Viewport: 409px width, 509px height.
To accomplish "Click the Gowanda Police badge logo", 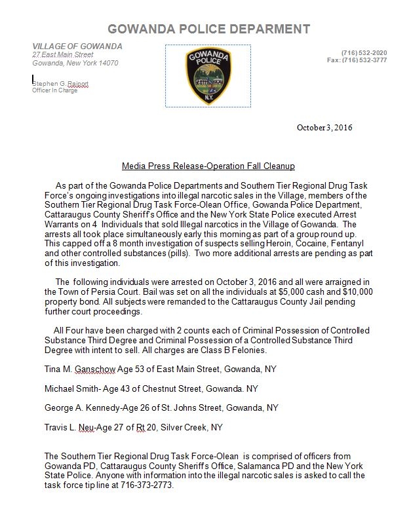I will tap(207, 75).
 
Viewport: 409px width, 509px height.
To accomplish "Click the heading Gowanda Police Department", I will tap(208, 29).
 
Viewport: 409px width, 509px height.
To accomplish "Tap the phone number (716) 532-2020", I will tap(364, 52).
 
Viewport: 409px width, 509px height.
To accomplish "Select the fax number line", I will tap(357, 60).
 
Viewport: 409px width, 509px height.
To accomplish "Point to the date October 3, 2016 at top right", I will tap(324, 127).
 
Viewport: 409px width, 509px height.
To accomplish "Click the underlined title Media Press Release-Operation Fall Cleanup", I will tap(208, 166).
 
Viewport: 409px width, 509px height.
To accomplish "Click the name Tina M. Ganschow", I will tap(80, 369).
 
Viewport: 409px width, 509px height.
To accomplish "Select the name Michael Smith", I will tap(71, 388).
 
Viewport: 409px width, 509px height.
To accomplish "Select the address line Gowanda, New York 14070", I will tap(75, 63).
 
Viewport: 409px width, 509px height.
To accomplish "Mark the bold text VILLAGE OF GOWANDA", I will tap(77, 46).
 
